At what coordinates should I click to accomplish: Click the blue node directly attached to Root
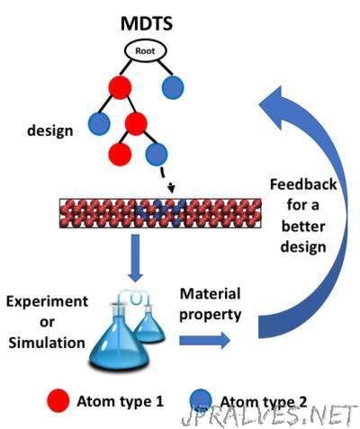(x=175, y=88)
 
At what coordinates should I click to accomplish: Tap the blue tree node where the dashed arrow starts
(x=158, y=153)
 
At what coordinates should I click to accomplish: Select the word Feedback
(x=296, y=184)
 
